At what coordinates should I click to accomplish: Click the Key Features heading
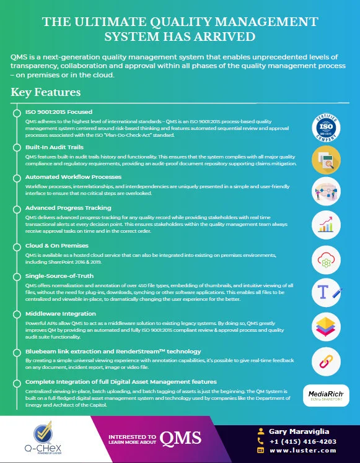46,93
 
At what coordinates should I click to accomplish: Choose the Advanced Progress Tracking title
68,208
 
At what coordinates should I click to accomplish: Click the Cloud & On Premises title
57,246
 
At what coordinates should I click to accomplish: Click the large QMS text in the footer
180,439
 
